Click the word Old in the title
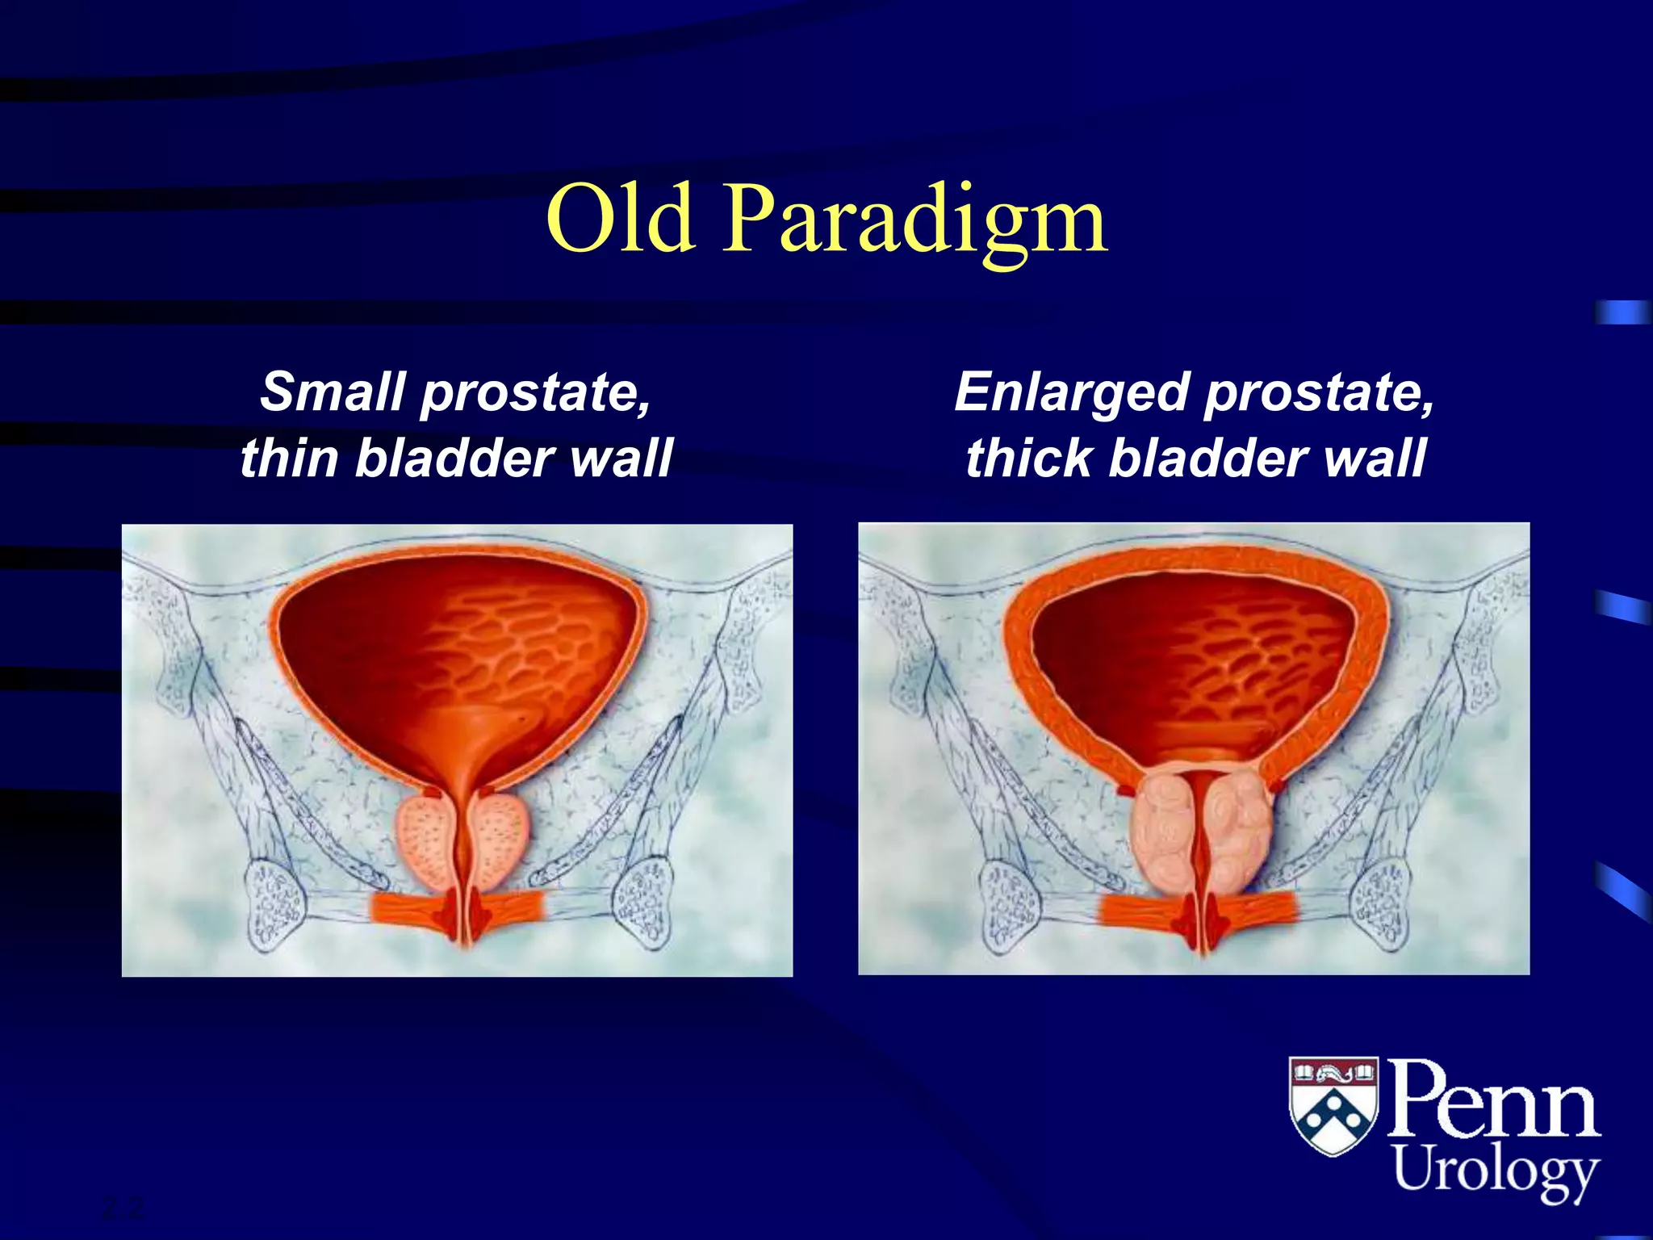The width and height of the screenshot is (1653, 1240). [620, 220]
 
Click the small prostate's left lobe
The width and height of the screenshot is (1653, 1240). [425, 844]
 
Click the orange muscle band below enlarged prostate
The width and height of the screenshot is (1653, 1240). [1138, 910]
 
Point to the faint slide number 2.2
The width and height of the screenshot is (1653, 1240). [123, 1209]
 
